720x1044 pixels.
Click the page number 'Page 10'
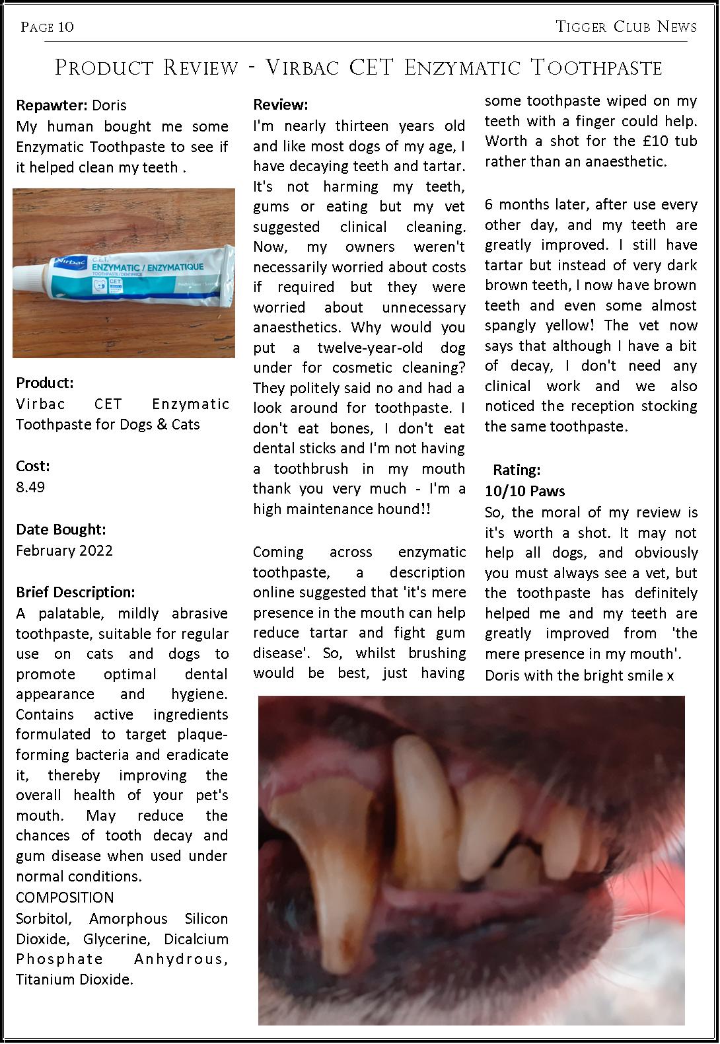point(48,27)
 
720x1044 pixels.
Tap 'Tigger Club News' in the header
point(626,26)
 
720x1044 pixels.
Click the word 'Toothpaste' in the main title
point(596,67)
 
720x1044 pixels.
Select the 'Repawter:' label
point(52,105)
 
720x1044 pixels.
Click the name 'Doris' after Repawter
point(109,105)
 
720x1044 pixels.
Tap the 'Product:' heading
point(45,383)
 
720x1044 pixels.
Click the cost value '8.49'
point(30,487)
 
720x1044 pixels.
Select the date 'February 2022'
point(64,550)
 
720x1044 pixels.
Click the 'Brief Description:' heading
point(75,591)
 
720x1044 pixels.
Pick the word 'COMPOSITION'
point(65,897)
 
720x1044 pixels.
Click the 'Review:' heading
point(281,104)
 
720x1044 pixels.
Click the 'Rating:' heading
point(517,470)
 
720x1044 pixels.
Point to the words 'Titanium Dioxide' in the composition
point(74,979)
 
